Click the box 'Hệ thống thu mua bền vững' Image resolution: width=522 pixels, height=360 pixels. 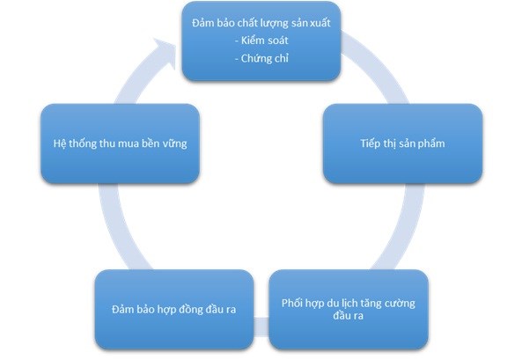click(121, 143)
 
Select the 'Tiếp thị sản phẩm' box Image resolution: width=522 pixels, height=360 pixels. click(402, 143)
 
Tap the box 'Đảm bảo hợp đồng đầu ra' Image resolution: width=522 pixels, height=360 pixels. click(174, 309)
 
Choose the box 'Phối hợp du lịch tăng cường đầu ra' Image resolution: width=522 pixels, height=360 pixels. click(349, 309)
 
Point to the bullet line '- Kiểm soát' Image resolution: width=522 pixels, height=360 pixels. click(261, 40)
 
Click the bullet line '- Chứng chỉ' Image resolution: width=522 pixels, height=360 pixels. click(261, 58)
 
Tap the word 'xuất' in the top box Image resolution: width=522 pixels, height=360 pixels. click(320, 23)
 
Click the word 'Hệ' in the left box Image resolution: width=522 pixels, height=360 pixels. click(59, 143)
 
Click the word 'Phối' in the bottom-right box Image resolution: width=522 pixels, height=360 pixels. click(291, 303)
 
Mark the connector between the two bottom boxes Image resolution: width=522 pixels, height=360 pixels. click(261, 327)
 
